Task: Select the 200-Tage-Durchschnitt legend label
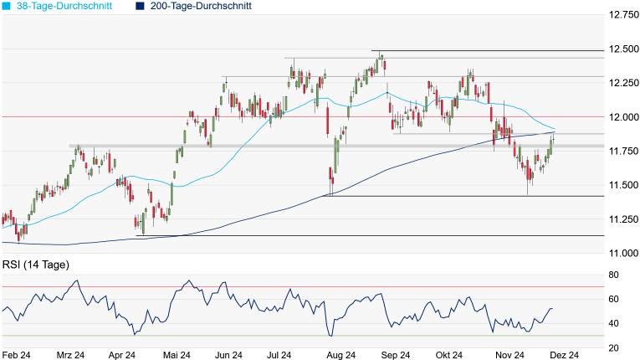[199, 6]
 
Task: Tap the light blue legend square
[7, 6]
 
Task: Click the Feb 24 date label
[17, 355]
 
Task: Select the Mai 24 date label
[176, 355]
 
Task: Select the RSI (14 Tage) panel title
[35, 265]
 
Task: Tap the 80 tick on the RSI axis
[613, 275]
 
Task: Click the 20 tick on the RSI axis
[613, 347]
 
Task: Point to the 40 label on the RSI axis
[613, 323]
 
